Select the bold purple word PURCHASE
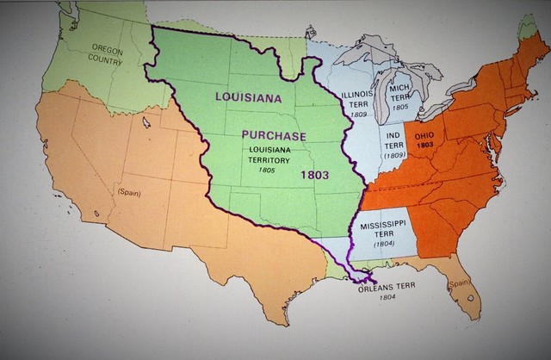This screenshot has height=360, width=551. point(273,135)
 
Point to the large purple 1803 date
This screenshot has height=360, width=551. point(315,174)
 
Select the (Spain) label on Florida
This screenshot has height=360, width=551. point(458,282)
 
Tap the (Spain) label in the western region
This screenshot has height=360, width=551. point(130,191)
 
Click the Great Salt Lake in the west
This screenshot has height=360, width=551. point(145,122)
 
